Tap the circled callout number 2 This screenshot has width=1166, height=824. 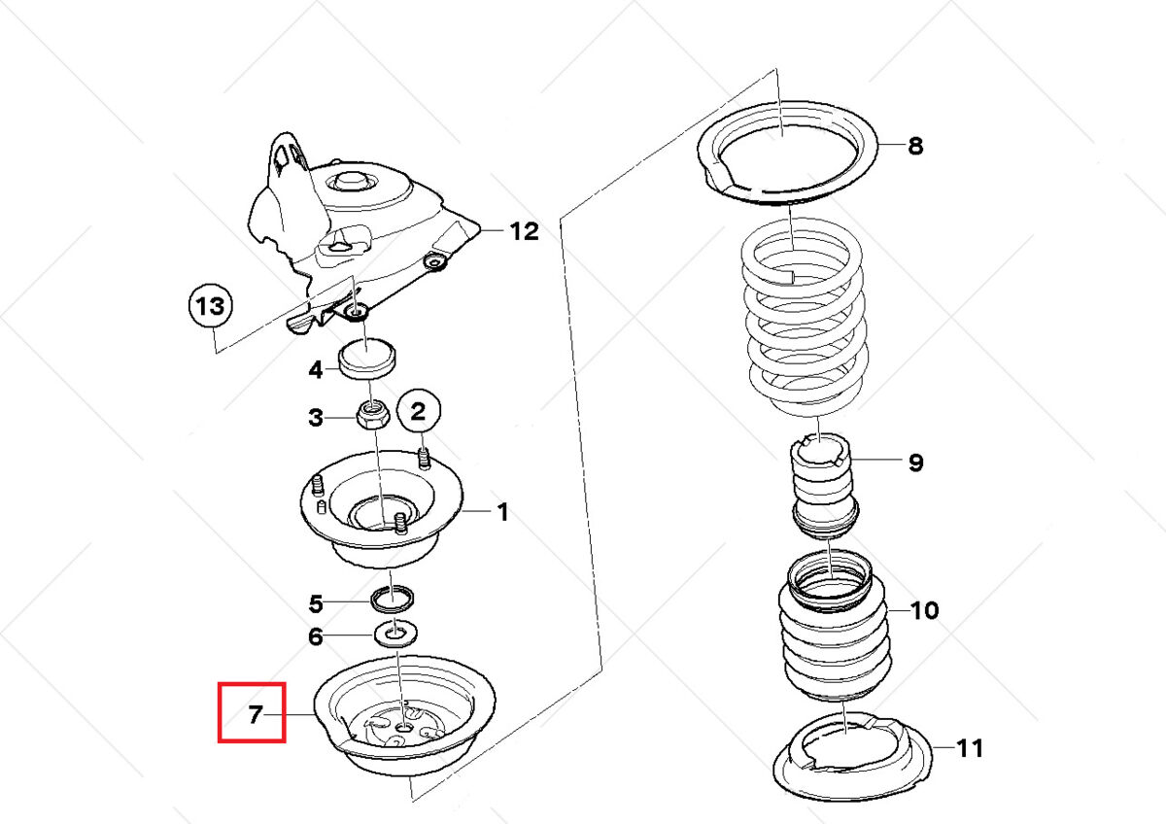(418, 412)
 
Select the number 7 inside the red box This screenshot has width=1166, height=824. (255, 715)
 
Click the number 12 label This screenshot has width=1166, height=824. (524, 231)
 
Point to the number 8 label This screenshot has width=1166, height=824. (915, 146)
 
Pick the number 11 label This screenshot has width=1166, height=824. (969, 748)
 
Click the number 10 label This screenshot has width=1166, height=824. (925, 610)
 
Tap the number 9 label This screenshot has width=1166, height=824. (915, 462)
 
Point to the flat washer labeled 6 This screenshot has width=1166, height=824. (395, 635)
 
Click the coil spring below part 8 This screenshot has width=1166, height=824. (804, 321)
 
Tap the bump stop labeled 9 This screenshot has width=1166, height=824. (823, 486)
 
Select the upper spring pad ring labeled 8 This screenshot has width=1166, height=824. (788, 155)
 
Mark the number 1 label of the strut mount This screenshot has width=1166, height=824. (502, 511)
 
